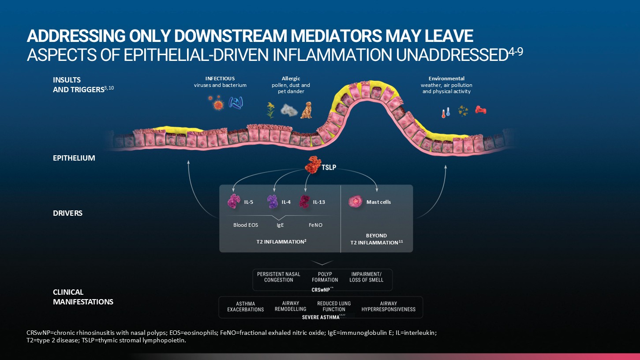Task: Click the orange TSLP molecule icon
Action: tap(313, 164)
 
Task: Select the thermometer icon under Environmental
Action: tap(445, 112)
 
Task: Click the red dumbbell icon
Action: tap(480, 110)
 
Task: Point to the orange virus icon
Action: tap(217, 105)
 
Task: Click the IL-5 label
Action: tap(248, 202)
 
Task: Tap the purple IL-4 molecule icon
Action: tap(273, 202)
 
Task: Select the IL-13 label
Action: tap(319, 202)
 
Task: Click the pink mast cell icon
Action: tap(355, 202)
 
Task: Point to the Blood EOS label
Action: tap(246, 225)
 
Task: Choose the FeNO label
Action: tap(315, 225)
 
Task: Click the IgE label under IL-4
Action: tap(280, 225)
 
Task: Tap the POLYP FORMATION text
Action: tap(325, 277)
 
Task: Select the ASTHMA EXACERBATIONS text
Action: tap(245, 307)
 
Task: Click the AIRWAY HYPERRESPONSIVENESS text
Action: tap(388, 307)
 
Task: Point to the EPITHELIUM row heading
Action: tap(74, 158)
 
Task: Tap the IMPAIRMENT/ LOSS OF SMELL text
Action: tap(366, 277)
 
